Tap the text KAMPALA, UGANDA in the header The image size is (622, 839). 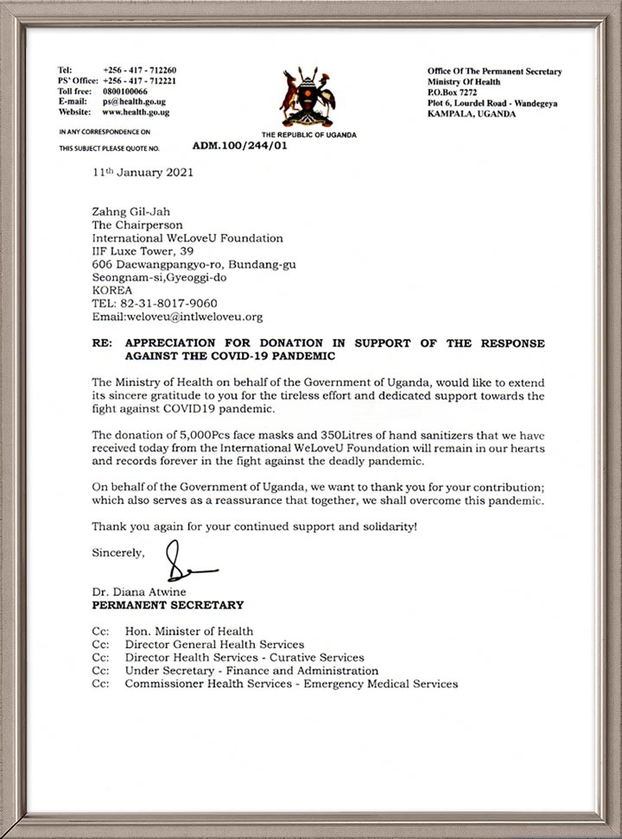point(472,112)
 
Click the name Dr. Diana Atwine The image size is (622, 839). point(136,592)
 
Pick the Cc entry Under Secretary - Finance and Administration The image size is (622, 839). point(251,671)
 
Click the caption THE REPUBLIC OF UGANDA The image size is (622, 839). point(308,135)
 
